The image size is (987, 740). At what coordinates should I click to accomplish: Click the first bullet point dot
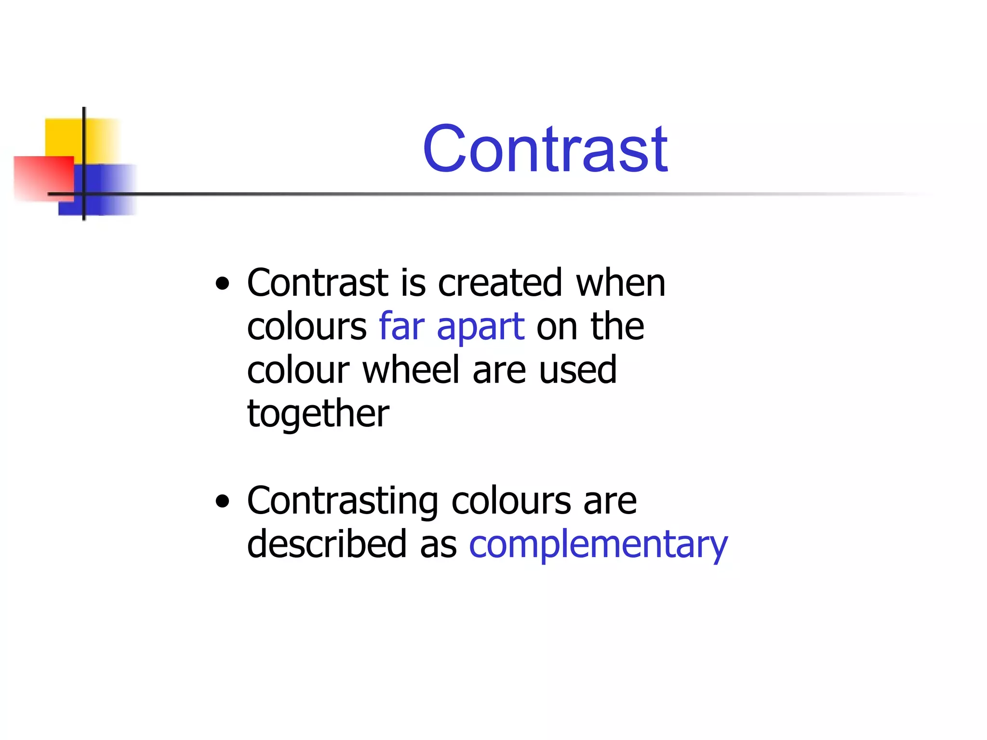[x=223, y=284]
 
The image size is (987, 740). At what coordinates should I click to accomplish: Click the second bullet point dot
[x=223, y=502]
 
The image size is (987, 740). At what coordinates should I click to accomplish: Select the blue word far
[x=401, y=327]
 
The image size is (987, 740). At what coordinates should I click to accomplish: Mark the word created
[x=500, y=283]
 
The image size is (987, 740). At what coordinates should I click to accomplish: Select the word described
[x=327, y=544]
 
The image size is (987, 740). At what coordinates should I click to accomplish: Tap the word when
[x=621, y=283]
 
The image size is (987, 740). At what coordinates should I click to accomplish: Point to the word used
[x=578, y=370]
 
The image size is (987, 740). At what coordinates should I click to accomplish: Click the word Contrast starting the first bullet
[x=318, y=283]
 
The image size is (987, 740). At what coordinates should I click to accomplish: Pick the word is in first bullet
[x=413, y=283]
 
